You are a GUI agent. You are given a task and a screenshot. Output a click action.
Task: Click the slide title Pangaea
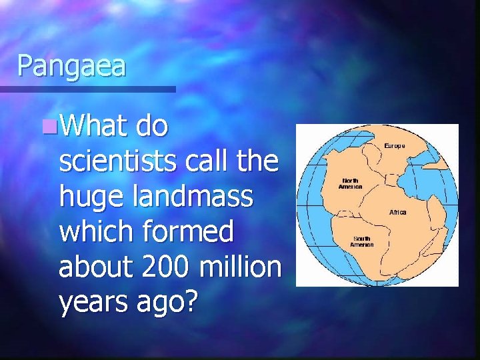coord(71,66)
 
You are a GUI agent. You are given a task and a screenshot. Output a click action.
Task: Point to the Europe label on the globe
coord(393,145)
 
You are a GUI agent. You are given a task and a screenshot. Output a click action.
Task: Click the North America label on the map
coord(351,183)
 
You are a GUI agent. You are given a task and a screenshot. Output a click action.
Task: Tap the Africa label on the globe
coord(397,212)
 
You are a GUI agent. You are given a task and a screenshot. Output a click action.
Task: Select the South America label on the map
coord(363,241)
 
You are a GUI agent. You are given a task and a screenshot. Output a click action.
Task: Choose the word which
coord(97,231)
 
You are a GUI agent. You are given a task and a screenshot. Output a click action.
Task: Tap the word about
coord(95,267)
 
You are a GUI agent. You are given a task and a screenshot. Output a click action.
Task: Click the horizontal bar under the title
coord(87,89)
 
